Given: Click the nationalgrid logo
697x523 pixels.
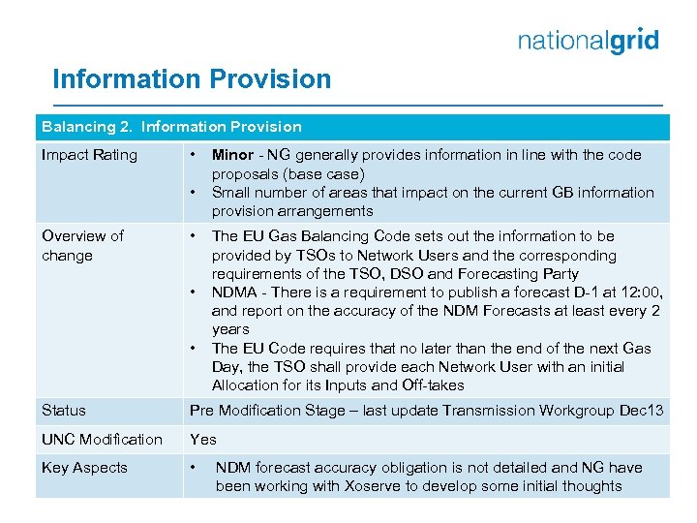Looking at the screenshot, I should click(588, 41).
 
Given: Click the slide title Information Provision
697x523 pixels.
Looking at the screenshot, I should click(192, 79).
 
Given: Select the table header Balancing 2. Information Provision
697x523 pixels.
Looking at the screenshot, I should click(171, 127).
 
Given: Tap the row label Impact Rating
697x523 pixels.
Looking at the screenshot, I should click(89, 155).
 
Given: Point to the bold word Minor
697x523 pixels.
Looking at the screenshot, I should click(232, 155).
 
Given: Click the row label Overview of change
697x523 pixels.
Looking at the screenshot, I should click(82, 246).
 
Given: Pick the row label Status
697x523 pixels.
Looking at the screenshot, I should click(64, 411).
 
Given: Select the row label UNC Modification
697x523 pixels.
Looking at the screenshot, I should click(102, 440).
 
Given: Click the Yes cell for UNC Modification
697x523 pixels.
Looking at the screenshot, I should click(203, 440).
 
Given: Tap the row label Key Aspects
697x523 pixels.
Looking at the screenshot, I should click(84, 468).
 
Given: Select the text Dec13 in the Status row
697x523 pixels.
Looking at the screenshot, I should click(642, 411).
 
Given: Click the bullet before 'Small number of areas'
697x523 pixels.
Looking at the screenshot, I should click(195, 193).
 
